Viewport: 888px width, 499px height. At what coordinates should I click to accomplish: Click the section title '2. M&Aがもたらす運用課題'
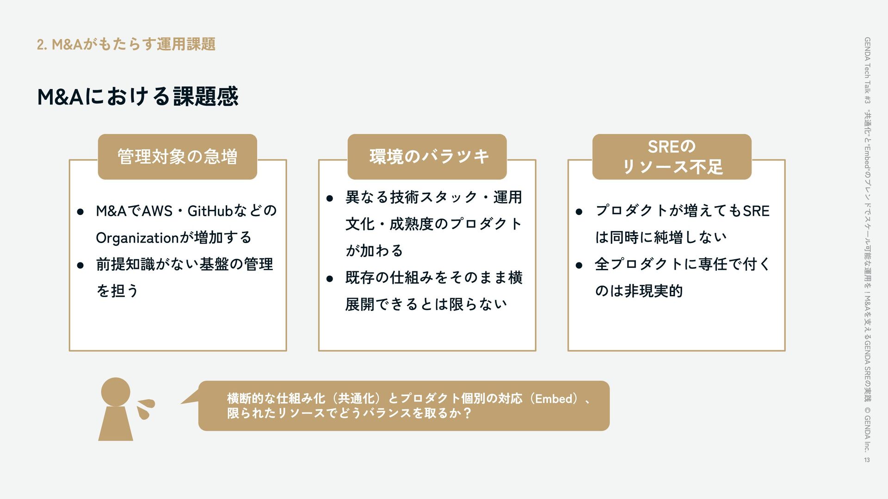(x=126, y=44)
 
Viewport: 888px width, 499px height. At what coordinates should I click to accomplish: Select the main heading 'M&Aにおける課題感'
(x=137, y=96)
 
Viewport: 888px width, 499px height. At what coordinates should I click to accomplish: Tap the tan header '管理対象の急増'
(x=177, y=157)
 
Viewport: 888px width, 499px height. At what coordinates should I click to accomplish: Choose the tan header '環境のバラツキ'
(x=427, y=157)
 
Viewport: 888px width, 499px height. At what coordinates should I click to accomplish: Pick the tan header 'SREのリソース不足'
(x=672, y=157)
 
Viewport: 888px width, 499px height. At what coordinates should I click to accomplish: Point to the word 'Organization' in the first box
(x=137, y=238)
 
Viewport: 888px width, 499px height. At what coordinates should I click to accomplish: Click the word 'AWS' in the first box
(x=157, y=211)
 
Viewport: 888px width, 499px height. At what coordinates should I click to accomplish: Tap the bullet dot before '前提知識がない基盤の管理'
(x=80, y=265)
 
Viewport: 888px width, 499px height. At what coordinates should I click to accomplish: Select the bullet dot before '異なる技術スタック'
(x=329, y=199)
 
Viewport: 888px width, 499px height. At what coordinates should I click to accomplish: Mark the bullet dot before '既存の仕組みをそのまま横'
(x=329, y=279)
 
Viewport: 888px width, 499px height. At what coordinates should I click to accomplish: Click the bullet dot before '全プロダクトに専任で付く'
(x=579, y=265)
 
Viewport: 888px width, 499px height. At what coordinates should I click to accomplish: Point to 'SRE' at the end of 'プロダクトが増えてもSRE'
(x=756, y=211)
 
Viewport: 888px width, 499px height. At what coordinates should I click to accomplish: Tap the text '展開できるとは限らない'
(x=426, y=304)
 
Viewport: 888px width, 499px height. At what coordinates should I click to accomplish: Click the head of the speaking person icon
(x=115, y=392)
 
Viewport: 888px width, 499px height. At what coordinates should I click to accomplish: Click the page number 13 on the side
(x=867, y=460)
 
